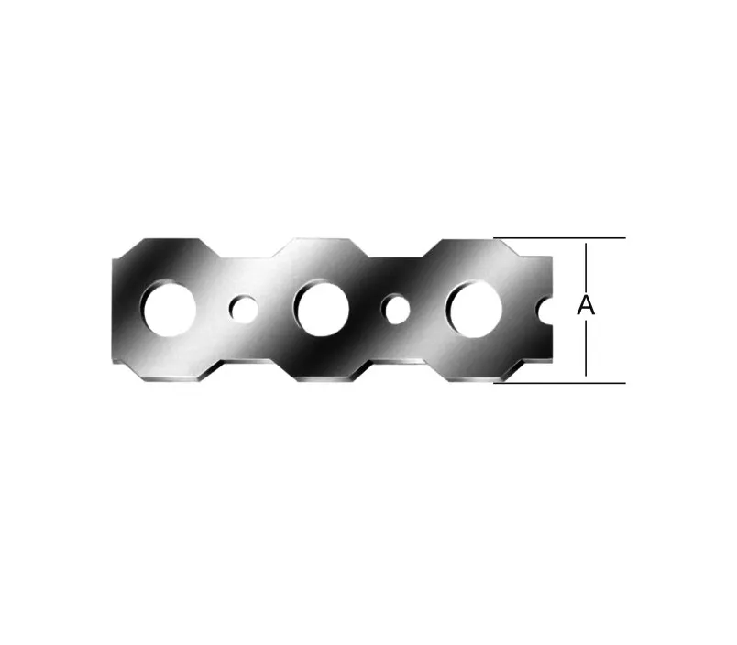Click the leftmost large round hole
tap(169, 309)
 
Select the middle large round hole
tap(321, 309)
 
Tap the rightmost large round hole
tap(474, 309)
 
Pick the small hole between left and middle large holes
tap(244, 310)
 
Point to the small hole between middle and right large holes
tap(397, 310)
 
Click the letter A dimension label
tap(586, 307)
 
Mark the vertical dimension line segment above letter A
tap(586, 266)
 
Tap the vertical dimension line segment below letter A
tap(586, 348)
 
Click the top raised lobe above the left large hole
tap(170, 249)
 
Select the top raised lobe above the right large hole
tap(472, 249)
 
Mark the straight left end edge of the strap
tap(114, 310)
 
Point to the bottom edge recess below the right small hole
tap(398, 359)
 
